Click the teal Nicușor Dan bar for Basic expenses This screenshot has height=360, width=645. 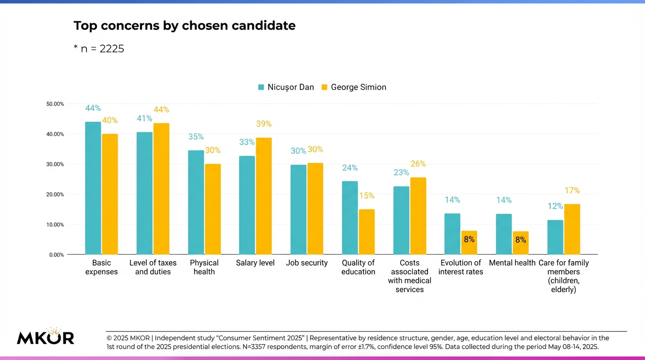93,188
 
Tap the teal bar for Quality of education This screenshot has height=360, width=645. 350,217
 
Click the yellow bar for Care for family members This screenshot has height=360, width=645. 572,229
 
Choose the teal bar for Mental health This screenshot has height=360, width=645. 504,234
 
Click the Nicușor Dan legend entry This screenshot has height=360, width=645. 285,87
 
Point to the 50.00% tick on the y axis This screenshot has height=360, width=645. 55,104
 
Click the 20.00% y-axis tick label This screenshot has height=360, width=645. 55,195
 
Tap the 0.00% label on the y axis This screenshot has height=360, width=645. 57,255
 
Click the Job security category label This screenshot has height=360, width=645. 307,263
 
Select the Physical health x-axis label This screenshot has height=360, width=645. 204,267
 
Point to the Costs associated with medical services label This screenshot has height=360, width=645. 410,276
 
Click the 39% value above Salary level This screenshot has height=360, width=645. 263,124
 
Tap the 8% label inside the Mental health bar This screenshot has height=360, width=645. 520,240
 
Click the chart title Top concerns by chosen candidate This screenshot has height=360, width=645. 184,26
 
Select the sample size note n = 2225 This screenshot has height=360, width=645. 99,49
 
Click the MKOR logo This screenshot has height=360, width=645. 45,337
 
